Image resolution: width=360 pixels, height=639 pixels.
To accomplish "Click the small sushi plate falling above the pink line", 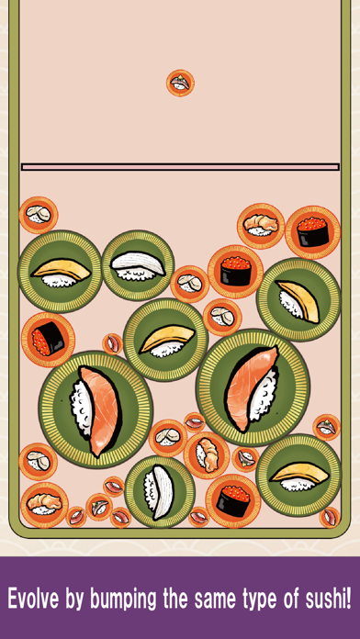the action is coord(180,84).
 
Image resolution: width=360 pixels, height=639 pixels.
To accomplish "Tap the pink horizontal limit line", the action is coord(180,167).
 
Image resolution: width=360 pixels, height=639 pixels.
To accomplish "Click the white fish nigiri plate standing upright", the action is coord(160,492).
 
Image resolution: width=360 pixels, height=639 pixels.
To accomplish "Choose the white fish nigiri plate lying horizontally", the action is coord(138,266).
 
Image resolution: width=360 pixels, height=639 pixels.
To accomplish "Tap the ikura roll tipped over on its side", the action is coord(48,339).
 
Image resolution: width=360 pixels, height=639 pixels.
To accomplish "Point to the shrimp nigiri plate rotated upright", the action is coord(207,454).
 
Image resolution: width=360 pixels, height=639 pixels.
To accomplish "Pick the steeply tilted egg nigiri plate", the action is coord(298,299).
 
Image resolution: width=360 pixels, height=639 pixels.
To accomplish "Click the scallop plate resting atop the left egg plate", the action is coord(39,215).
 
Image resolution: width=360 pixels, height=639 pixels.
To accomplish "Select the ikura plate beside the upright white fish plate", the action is coord(232,501).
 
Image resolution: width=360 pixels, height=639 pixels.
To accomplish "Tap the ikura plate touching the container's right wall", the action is coord(312,232).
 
